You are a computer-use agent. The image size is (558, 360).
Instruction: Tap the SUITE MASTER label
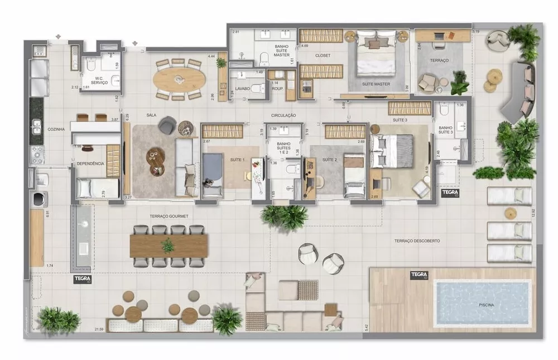(376, 84)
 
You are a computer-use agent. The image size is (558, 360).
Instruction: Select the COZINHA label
(56, 129)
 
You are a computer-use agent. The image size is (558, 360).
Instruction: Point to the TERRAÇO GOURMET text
(169, 216)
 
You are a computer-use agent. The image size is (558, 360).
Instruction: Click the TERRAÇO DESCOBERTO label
(417, 241)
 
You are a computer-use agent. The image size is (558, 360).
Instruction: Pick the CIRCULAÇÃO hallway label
(283, 116)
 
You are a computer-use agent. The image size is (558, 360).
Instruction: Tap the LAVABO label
(243, 89)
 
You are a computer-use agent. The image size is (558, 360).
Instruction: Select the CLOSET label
(323, 56)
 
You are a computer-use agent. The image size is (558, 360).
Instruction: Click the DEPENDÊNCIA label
(90, 164)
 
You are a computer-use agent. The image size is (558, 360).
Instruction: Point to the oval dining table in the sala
(178, 79)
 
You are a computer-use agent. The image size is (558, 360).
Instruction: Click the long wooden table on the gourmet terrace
(169, 246)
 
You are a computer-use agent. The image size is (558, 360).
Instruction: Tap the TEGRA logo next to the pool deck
(419, 275)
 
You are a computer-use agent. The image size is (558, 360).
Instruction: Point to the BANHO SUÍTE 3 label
(445, 129)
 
